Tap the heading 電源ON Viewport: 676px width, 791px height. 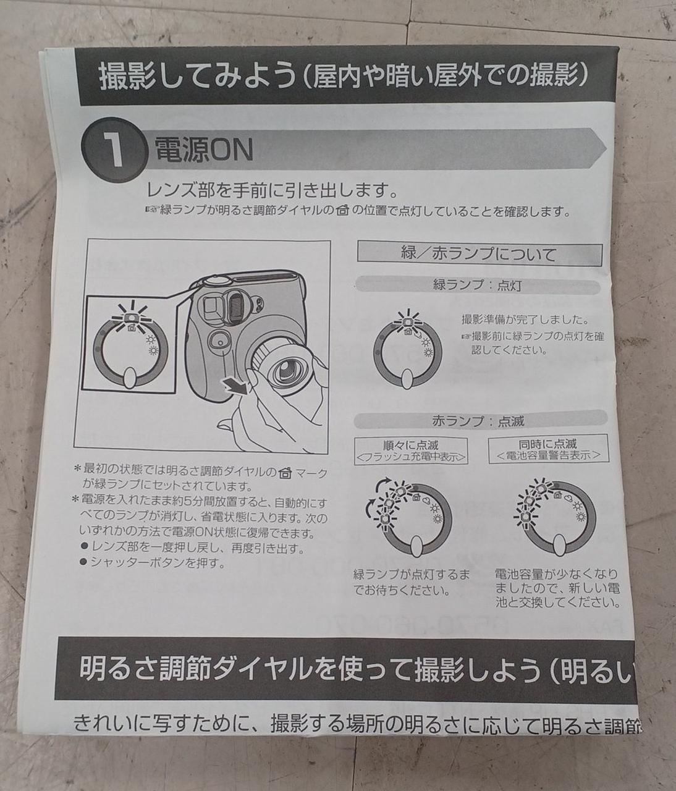coord(203,150)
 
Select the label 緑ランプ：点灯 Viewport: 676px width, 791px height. coord(477,286)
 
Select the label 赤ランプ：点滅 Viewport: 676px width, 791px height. coord(478,421)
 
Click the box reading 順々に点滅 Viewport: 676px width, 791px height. coord(411,450)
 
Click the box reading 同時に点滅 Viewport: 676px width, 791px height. coord(548,449)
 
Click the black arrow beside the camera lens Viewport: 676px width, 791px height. coord(236,386)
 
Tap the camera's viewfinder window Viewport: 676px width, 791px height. coord(213,307)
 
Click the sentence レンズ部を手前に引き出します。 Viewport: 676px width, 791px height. coord(273,190)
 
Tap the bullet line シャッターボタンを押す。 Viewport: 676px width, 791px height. coord(153,562)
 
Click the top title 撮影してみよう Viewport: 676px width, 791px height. coord(198,77)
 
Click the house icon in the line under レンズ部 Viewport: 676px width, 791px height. coord(342,211)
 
